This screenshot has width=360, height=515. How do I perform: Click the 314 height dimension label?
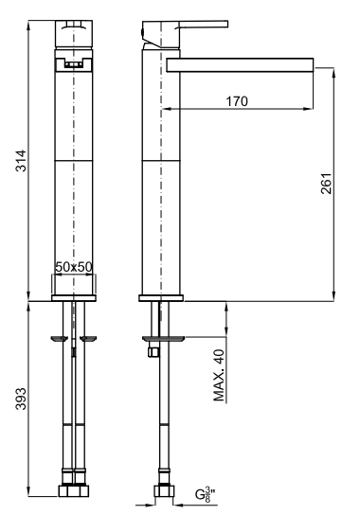(x=21, y=160)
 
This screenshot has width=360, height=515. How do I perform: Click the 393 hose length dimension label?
(x=21, y=399)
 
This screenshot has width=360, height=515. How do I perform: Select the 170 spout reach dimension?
(x=237, y=101)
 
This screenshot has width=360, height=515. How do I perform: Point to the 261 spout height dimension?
(x=326, y=184)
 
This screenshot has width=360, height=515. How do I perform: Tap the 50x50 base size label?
(x=74, y=267)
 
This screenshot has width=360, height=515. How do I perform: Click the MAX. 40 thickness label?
(x=219, y=375)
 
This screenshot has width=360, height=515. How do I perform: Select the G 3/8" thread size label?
(x=206, y=494)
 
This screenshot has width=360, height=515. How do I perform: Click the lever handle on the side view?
(x=185, y=32)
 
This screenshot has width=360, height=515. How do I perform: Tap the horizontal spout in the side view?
(x=240, y=65)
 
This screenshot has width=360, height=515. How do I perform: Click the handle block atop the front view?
(x=74, y=33)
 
